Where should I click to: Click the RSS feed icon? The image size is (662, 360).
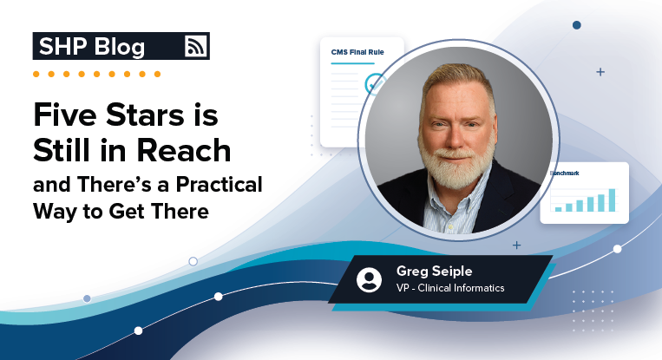(x=196, y=46)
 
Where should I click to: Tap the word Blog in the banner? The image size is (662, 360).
(x=120, y=47)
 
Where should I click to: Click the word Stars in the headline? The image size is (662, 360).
(x=145, y=115)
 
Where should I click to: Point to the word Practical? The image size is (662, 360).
(x=220, y=185)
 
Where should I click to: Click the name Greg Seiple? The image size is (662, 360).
(x=434, y=272)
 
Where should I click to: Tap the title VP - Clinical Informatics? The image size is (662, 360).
(x=450, y=288)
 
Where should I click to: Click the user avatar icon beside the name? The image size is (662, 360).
(x=369, y=279)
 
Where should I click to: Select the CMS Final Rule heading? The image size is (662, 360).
(x=357, y=52)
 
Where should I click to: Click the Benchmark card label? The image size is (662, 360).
(x=565, y=173)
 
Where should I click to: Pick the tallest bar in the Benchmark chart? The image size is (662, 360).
(x=612, y=200)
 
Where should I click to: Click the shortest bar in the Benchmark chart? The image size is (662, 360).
(x=558, y=209)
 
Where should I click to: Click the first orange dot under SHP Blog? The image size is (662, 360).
(x=36, y=75)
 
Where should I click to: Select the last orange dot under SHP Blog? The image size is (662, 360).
(x=157, y=75)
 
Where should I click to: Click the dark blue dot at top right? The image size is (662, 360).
(x=577, y=25)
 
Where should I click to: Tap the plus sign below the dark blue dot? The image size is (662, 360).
(x=600, y=72)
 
